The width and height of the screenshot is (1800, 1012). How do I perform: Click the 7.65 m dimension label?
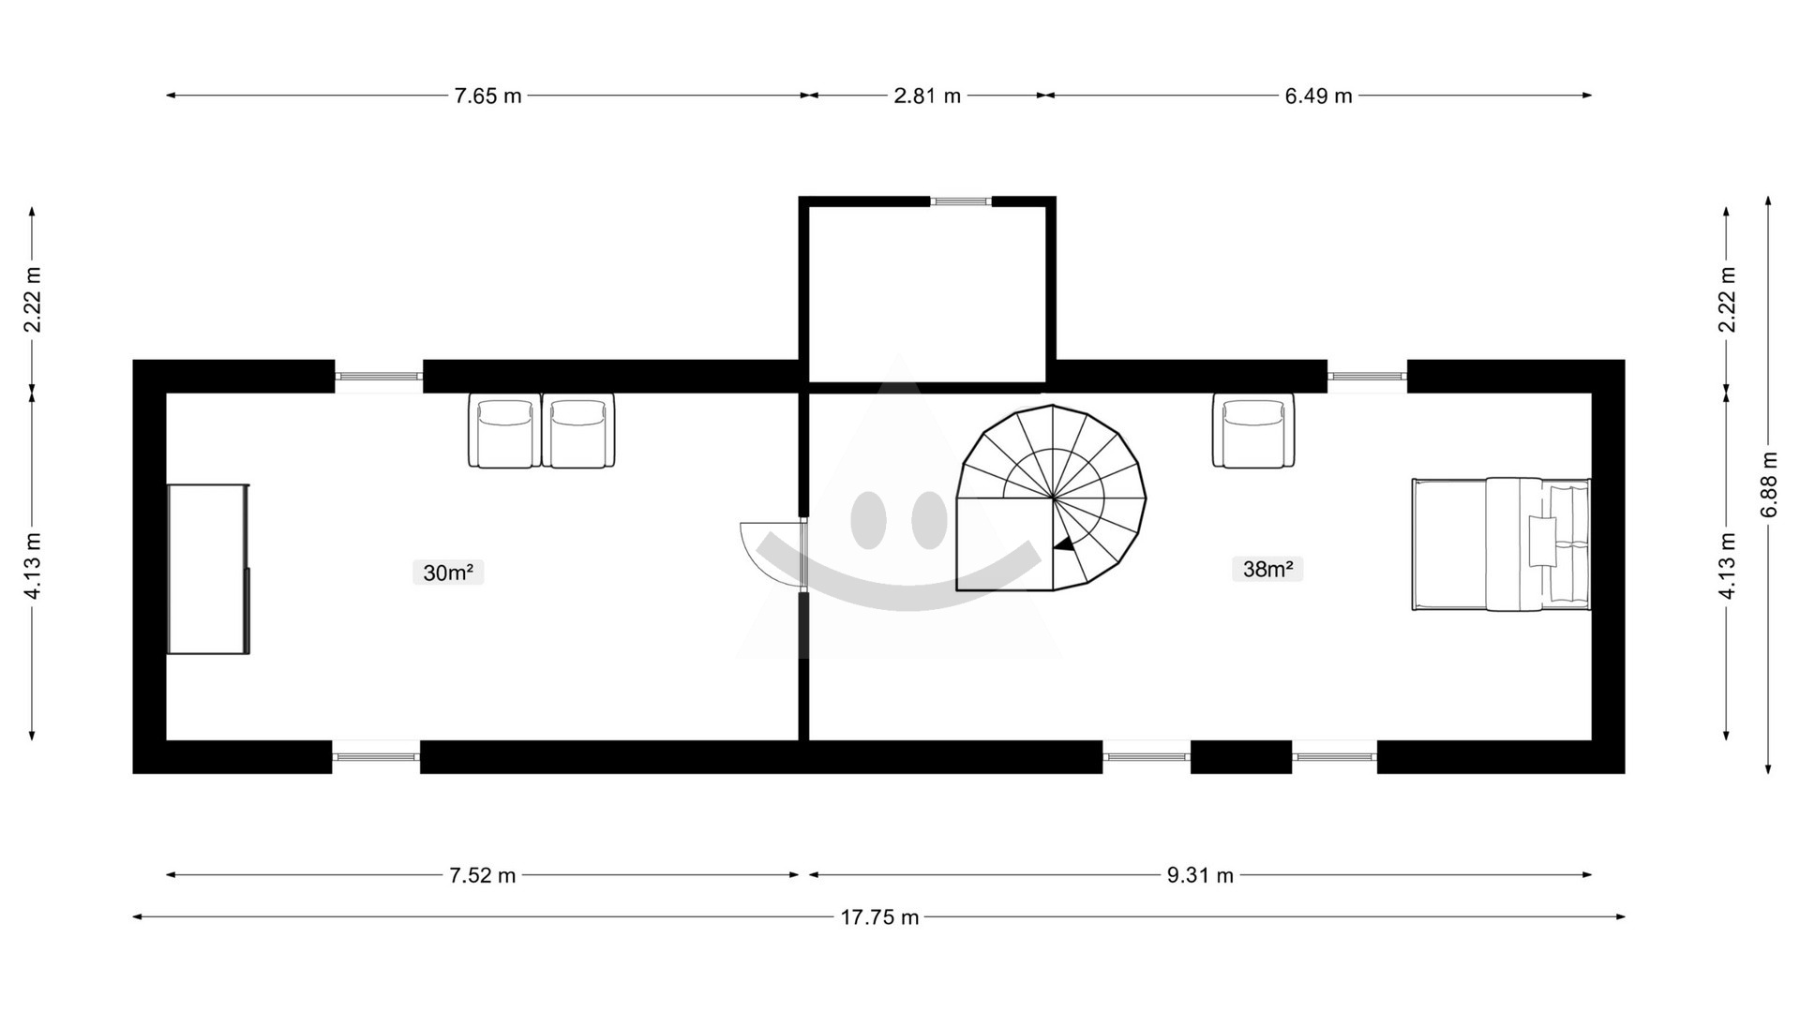(x=487, y=96)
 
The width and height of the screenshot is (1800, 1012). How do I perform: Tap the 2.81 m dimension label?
(x=927, y=96)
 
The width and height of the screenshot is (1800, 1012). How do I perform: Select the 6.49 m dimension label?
(x=1318, y=96)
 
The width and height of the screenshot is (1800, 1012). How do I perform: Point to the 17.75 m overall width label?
(x=879, y=917)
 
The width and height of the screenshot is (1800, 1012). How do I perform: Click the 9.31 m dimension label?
(x=1200, y=875)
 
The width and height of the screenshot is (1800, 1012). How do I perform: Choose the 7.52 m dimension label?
(x=482, y=875)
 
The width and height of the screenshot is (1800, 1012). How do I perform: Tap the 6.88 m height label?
(x=1769, y=484)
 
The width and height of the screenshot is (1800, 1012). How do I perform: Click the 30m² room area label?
(x=448, y=573)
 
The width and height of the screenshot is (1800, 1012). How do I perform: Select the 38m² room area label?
(x=1267, y=569)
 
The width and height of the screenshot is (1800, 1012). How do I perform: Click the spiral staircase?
(x=1051, y=498)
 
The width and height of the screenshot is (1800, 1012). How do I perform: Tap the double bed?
(x=1501, y=544)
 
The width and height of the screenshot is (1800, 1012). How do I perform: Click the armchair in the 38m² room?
(x=1253, y=430)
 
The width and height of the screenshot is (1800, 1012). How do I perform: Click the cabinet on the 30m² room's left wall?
(x=208, y=569)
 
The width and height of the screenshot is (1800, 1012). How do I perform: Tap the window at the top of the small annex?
(x=961, y=201)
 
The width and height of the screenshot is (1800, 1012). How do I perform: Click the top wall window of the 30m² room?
(x=379, y=376)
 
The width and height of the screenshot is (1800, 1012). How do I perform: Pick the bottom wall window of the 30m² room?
(x=376, y=756)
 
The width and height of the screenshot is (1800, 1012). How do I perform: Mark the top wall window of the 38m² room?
(x=1367, y=376)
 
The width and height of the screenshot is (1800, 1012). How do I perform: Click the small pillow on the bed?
(x=1542, y=541)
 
